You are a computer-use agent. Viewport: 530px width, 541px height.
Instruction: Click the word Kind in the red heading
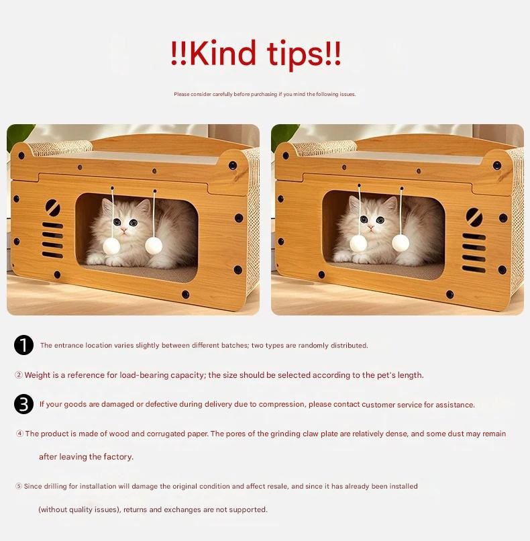pyautogui.click(x=223, y=53)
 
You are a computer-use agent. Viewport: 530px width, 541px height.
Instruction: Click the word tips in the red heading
pyautogui.click(x=295, y=55)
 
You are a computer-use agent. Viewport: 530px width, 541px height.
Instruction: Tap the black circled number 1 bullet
pyautogui.click(x=23, y=345)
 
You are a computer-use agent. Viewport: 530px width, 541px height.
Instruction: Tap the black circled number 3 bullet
pyautogui.click(x=23, y=404)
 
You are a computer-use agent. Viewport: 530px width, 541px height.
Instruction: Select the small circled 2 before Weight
pyautogui.click(x=19, y=375)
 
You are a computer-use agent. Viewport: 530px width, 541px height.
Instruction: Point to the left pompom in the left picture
pyautogui.click(x=111, y=246)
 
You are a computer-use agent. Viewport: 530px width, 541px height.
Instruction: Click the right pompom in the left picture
pyautogui.click(x=154, y=245)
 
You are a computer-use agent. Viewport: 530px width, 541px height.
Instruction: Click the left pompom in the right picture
pyautogui.click(x=358, y=243)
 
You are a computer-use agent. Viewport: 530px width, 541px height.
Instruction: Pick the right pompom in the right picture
pyautogui.click(x=401, y=243)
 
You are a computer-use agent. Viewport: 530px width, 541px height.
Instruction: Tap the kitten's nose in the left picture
pyautogui.click(x=124, y=230)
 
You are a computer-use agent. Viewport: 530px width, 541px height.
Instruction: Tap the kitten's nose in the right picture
pyautogui.click(x=371, y=227)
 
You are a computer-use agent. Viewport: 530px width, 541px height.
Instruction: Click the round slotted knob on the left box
pyautogui.click(x=53, y=207)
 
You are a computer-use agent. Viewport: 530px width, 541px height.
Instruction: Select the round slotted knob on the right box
pyautogui.click(x=474, y=217)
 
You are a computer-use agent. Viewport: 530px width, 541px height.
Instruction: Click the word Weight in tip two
pyautogui.click(x=38, y=375)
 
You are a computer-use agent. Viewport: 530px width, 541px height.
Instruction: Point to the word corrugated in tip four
pyautogui.click(x=166, y=434)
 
